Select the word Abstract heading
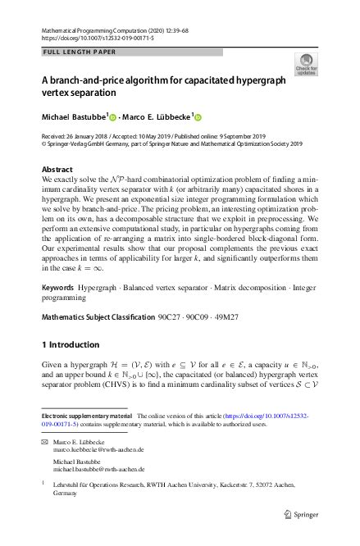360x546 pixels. coord(57,169)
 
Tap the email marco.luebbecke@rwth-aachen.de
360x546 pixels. coord(98,450)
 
